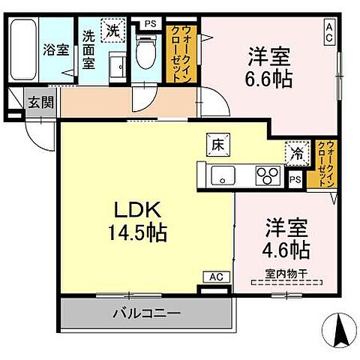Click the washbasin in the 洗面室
pyautogui.click(x=117, y=64)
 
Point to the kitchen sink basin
pyautogui.click(x=223, y=177)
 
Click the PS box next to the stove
pyautogui.click(x=295, y=178)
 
